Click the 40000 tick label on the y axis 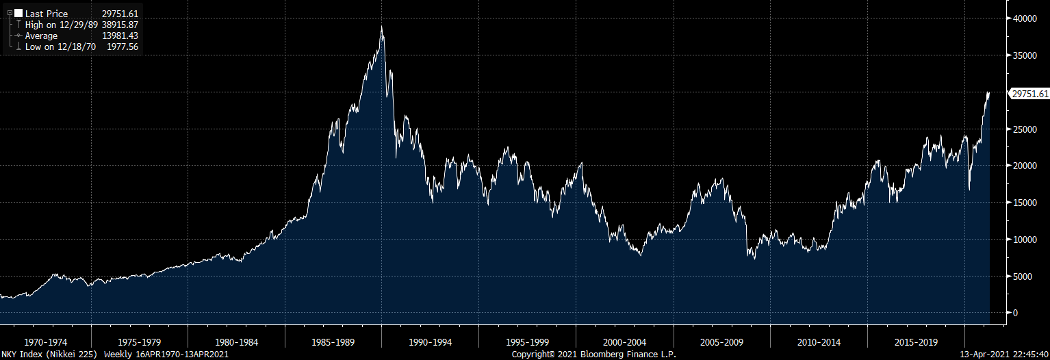(x=1025, y=18)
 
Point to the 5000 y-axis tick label (x=1023, y=277)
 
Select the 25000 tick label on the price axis (x=1025, y=129)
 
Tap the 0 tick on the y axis (x=1016, y=313)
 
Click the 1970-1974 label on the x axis (x=46, y=342)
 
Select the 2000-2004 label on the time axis (x=625, y=342)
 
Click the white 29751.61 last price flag (x=1029, y=94)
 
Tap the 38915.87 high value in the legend (x=120, y=25)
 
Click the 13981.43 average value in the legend (x=120, y=36)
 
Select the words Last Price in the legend (x=47, y=14)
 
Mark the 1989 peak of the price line (x=381, y=27)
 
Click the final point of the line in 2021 (x=989, y=92)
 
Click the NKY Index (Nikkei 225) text (x=50, y=355)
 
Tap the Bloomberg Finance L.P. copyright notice (x=594, y=355)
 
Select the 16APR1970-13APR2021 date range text (x=183, y=355)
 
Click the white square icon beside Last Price (x=18, y=14)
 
